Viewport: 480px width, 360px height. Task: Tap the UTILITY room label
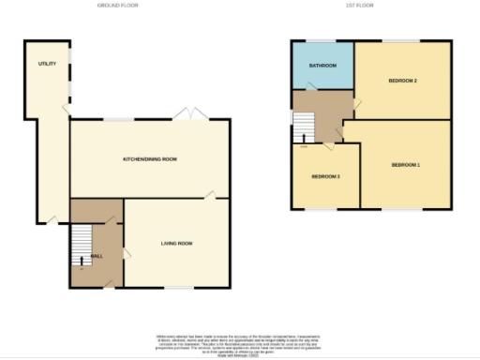[x=47, y=64]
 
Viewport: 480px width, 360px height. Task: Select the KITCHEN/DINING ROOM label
[x=150, y=159]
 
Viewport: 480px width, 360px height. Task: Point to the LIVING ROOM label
[x=176, y=244]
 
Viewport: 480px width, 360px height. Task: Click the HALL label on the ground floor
[x=96, y=255]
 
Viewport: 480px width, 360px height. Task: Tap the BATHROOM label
[x=322, y=66]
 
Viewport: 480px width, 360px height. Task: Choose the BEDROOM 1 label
[x=405, y=165]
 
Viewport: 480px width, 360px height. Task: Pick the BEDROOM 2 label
[x=402, y=81]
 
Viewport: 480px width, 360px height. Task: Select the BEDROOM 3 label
[x=325, y=176]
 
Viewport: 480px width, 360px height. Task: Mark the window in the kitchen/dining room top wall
[x=117, y=119]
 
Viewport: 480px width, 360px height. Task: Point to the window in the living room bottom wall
[x=178, y=287]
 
